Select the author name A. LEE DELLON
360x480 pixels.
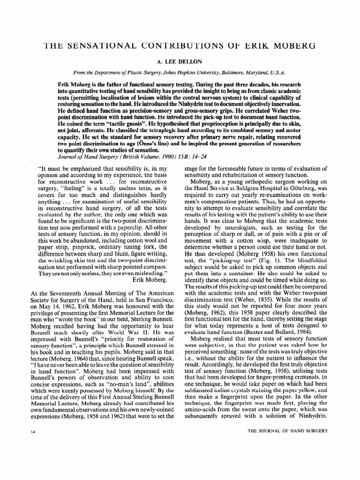click(180, 61)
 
